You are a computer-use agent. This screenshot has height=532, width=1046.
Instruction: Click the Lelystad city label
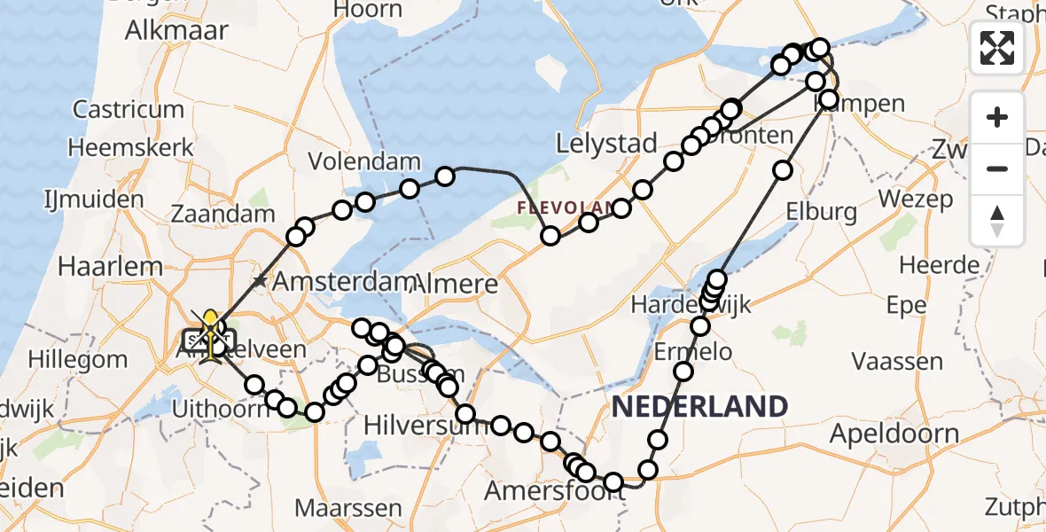pyautogui.click(x=606, y=144)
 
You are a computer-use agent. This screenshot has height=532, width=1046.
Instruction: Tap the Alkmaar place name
pyautogui.click(x=176, y=30)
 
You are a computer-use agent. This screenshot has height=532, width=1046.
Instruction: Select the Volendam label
pyautogui.click(x=364, y=162)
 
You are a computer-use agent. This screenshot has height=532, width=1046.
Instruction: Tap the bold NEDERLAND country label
pyautogui.click(x=700, y=407)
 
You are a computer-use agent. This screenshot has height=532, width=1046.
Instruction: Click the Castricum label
pyautogui.click(x=129, y=110)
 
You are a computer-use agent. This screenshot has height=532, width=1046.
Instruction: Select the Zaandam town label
pyautogui.click(x=223, y=215)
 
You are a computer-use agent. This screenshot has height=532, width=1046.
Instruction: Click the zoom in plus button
pyautogui.click(x=997, y=117)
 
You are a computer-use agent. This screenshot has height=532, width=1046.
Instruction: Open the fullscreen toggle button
pyautogui.click(x=997, y=48)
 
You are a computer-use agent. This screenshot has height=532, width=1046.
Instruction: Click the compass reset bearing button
pyautogui.click(x=997, y=220)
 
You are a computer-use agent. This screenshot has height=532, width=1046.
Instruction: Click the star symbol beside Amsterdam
pyautogui.click(x=259, y=282)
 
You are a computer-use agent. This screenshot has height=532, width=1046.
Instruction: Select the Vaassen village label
pyautogui.click(x=897, y=362)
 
